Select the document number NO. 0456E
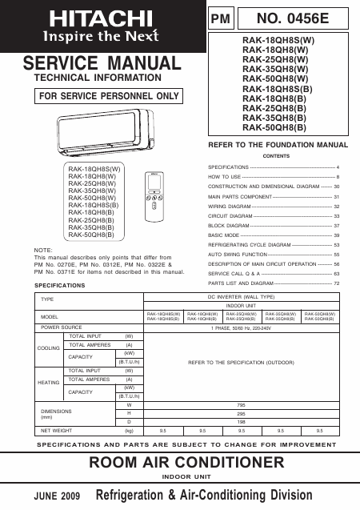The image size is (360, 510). click(297, 17)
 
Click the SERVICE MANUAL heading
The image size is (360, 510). click(102, 63)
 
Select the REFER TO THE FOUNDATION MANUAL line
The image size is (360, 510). click(278, 145)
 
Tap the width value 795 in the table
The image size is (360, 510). click(240, 405)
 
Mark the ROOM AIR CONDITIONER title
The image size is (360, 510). click(180, 463)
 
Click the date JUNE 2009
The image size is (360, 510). click(57, 496)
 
